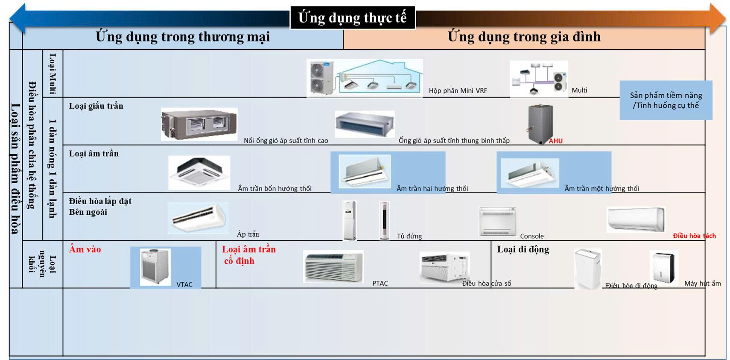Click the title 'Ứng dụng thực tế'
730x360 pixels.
(x=353, y=18)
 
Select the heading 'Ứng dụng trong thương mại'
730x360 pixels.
(x=183, y=37)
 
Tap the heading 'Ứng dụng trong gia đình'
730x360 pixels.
(x=524, y=37)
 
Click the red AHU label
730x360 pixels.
(x=556, y=141)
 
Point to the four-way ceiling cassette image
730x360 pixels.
(x=199, y=173)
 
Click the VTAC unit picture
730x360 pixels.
(x=155, y=267)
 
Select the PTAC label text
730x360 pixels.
(x=380, y=284)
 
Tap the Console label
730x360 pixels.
(x=532, y=236)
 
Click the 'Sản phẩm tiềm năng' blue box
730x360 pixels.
(x=666, y=100)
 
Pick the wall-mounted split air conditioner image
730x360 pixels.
(x=636, y=220)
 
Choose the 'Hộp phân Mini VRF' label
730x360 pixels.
(x=458, y=91)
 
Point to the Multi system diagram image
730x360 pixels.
(x=539, y=79)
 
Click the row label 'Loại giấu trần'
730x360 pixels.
(x=96, y=106)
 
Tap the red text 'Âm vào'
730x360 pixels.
(x=85, y=249)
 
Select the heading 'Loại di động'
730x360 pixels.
(x=523, y=249)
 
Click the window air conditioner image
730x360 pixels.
(x=444, y=267)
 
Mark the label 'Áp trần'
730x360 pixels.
(x=248, y=234)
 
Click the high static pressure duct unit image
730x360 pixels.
(x=199, y=124)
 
